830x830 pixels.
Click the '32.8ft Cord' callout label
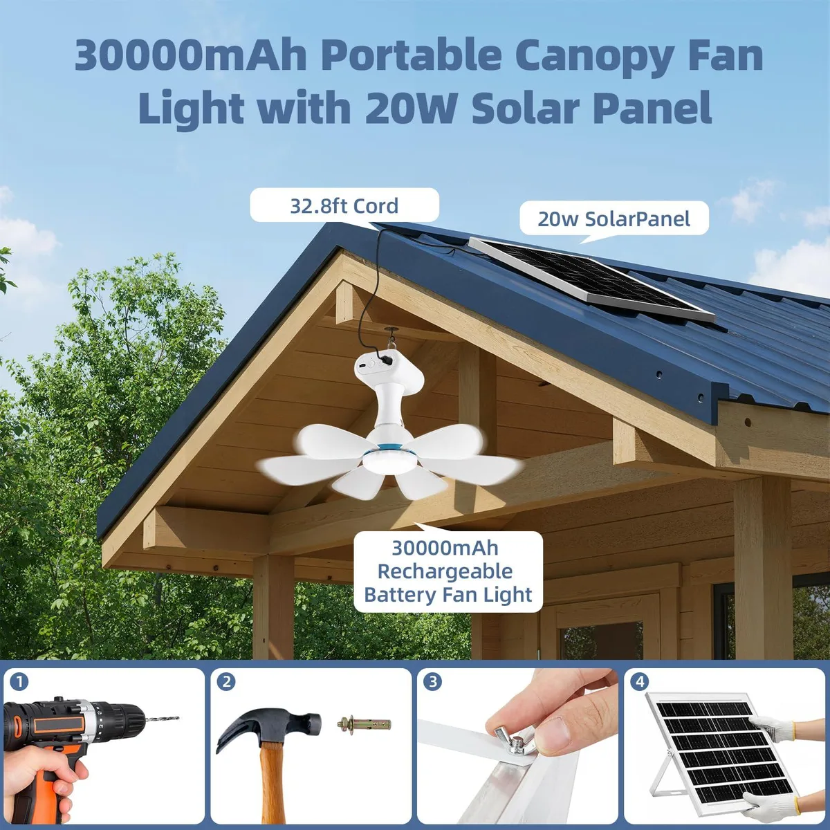pyautogui.click(x=344, y=205)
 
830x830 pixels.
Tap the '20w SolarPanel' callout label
pyautogui.click(x=614, y=219)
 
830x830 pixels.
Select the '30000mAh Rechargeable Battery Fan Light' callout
pyautogui.click(x=448, y=571)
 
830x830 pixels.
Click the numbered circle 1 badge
pyautogui.click(x=19, y=682)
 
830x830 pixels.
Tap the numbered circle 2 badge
pyautogui.click(x=226, y=682)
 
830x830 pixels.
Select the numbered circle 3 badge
pyautogui.click(x=433, y=682)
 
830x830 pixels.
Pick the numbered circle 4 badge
pyautogui.click(x=640, y=682)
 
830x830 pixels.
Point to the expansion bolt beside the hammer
pyautogui.click(x=364, y=723)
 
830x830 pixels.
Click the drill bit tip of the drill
pyautogui.click(x=178, y=718)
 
